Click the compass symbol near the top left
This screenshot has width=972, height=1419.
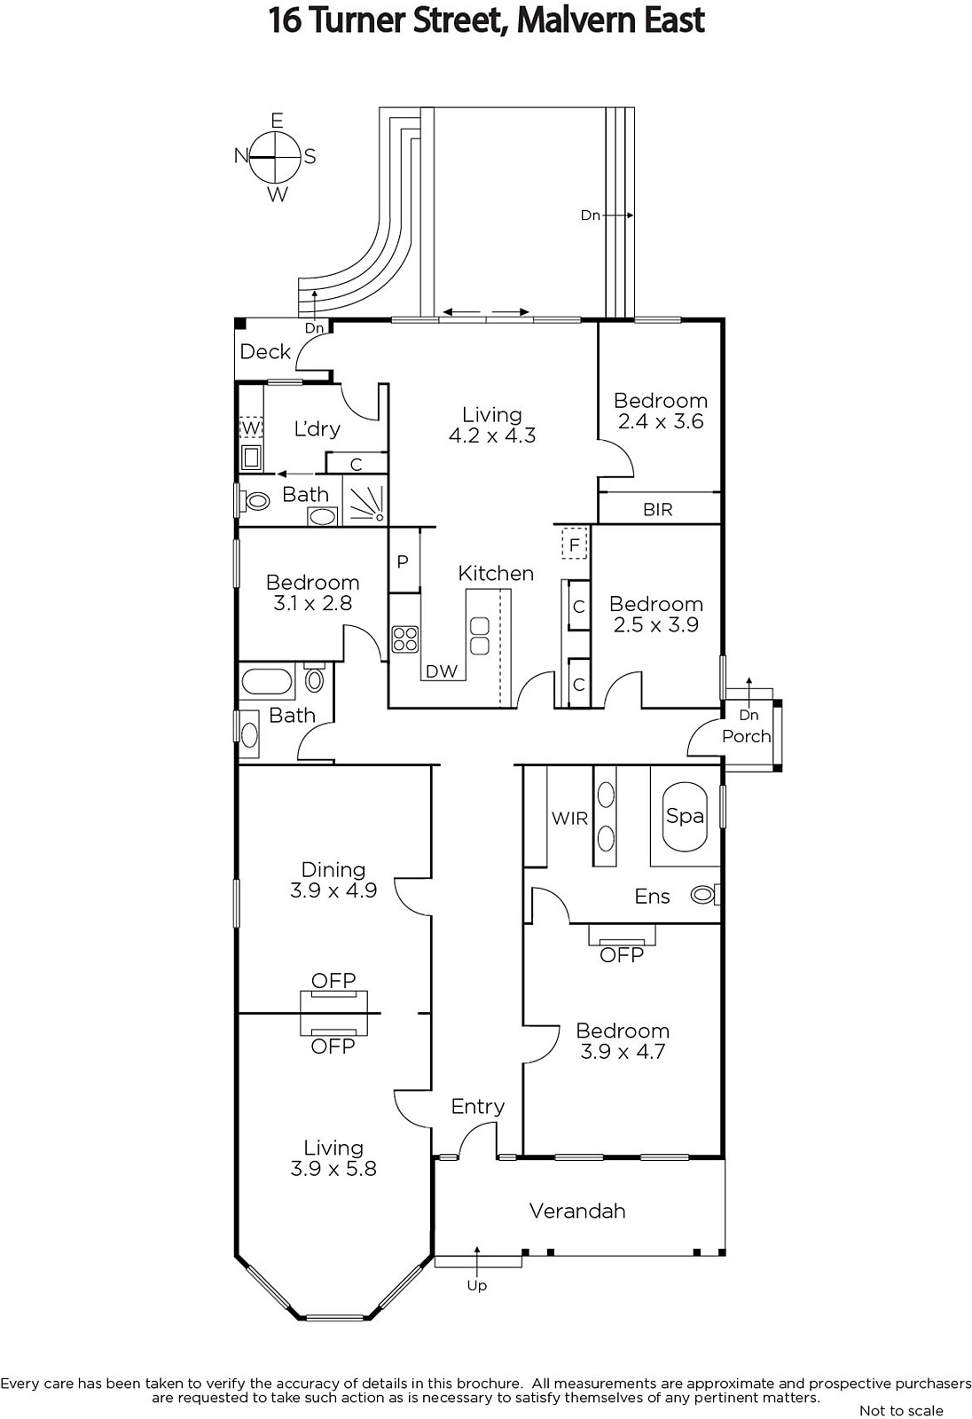point(274,157)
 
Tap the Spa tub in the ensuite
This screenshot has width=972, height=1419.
point(685,817)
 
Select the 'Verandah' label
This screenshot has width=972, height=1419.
point(577,1211)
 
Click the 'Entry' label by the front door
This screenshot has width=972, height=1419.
point(478,1106)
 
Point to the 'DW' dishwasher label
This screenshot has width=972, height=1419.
point(442,671)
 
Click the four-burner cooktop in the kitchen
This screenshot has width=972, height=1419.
point(405,639)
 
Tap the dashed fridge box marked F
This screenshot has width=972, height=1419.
point(575,545)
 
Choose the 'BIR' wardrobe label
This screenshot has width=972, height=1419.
point(658,509)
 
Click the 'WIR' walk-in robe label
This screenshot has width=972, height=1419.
point(569,819)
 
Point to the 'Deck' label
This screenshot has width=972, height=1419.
point(265,351)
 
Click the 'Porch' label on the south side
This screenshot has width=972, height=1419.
point(747,736)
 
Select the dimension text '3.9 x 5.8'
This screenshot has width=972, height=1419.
point(333,1168)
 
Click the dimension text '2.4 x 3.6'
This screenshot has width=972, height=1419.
point(660,421)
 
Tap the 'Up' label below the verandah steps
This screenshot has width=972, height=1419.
point(476,1285)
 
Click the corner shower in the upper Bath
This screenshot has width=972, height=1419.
point(365,501)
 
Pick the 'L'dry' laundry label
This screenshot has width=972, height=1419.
point(317,429)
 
